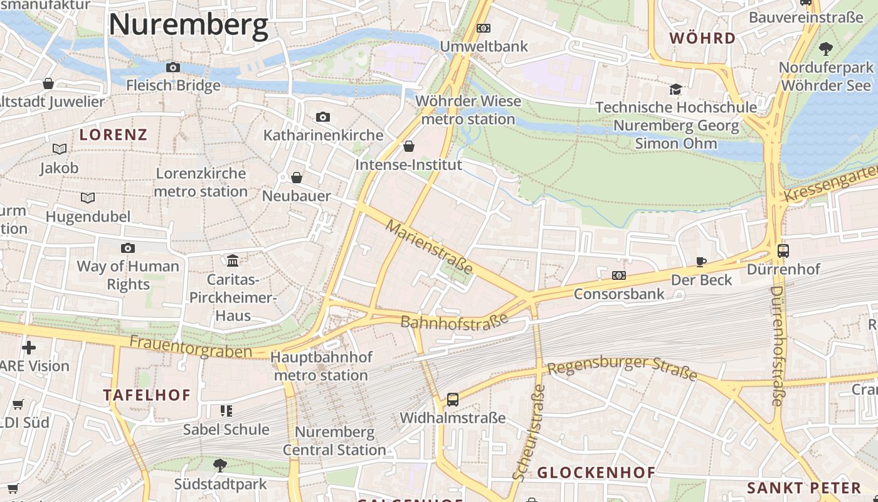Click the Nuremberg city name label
pos(188,25)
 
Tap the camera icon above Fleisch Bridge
pos(173,67)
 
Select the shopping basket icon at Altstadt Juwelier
pos(48,83)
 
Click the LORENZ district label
pos(114,134)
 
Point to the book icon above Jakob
pos(60,149)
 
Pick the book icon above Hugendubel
pos(88,198)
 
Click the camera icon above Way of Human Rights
pos(128,248)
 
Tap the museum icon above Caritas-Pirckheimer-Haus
pos(233,260)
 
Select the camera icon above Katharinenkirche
pos(323,117)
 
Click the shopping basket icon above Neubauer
pos(297,178)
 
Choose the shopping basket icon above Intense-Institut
pos(409,146)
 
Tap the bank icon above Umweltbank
pos(483,28)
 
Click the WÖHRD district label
pos(702,38)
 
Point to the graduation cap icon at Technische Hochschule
pos(675,89)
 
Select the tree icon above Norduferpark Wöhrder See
pos(826,48)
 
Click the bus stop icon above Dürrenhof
pos(783,251)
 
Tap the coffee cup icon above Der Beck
pos(701,262)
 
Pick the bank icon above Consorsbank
pos(618,275)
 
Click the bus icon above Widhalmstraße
pos(452,399)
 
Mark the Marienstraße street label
pos(430,247)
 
